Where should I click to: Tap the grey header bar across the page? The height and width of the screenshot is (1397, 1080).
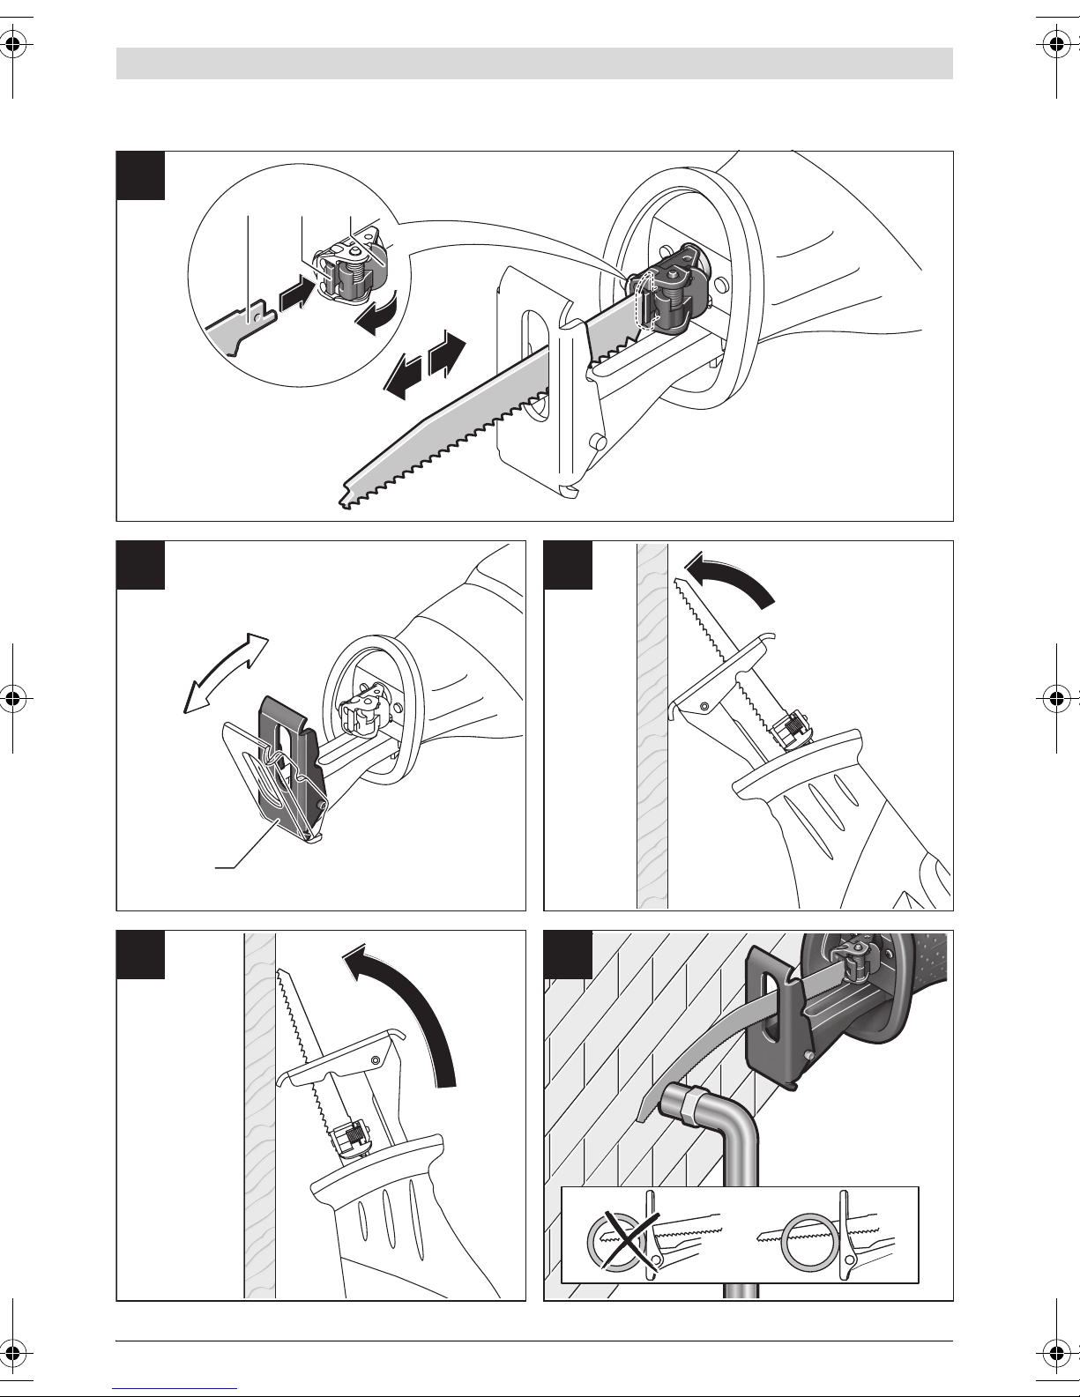click(534, 63)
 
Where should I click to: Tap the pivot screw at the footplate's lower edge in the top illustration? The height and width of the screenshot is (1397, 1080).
click(599, 442)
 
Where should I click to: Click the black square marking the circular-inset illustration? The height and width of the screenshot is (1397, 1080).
click(140, 175)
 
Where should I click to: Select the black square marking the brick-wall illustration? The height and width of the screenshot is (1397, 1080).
click(568, 955)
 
